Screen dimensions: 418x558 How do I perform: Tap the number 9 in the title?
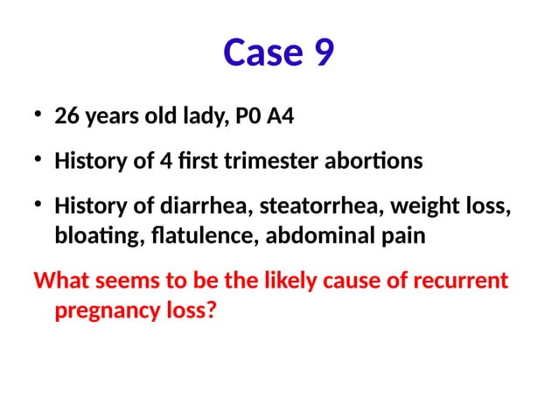(322, 53)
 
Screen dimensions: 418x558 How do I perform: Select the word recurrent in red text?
(465, 282)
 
